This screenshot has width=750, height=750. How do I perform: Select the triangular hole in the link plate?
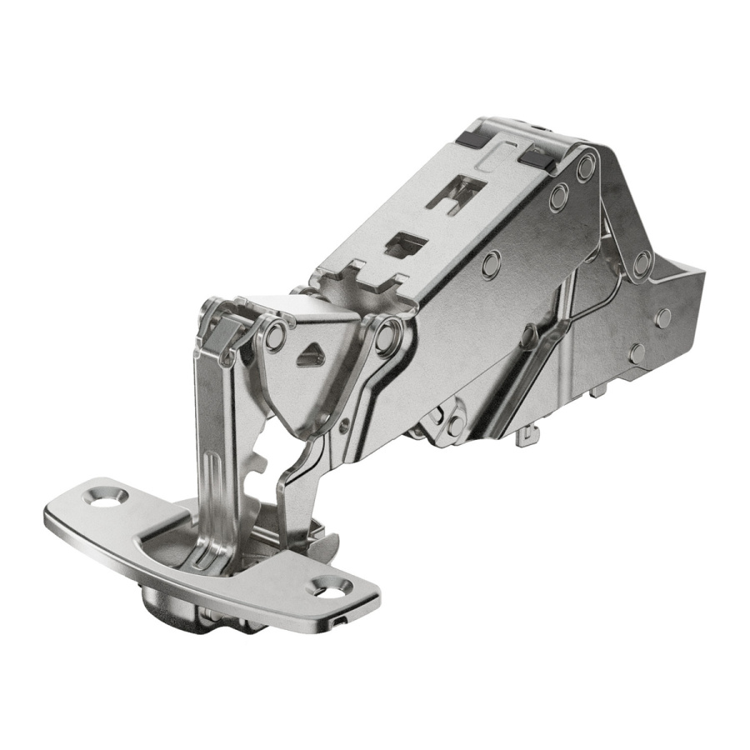point(311,354)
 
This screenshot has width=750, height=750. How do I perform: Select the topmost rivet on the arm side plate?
point(586,166)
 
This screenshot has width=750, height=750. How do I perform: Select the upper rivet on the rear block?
point(641,263)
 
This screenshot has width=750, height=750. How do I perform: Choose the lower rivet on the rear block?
point(662,317)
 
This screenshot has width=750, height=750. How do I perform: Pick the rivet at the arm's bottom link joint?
point(455,426)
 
